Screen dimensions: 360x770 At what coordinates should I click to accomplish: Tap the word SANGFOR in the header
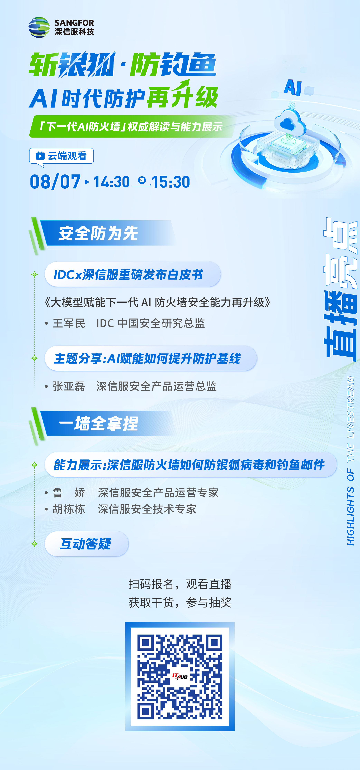[x=74, y=23]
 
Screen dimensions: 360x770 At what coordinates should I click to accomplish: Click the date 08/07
[x=55, y=182]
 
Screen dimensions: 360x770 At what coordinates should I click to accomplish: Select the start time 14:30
[x=112, y=182]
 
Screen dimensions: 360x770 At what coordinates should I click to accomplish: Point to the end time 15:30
[x=170, y=182]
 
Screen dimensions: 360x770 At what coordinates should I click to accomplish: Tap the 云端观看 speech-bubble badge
[x=61, y=156]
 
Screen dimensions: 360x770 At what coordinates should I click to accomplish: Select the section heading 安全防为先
[x=98, y=233]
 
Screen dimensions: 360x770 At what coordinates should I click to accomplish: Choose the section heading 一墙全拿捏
[x=98, y=423]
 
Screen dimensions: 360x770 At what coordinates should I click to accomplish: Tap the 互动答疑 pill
[x=86, y=544]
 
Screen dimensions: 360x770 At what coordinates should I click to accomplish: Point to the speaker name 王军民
[x=69, y=323]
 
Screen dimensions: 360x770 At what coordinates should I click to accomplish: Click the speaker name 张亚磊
[x=69, y=386]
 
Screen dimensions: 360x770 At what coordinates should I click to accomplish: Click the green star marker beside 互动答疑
[x=34, y=544]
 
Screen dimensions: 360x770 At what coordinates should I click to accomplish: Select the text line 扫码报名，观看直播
[x=180, y=584]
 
